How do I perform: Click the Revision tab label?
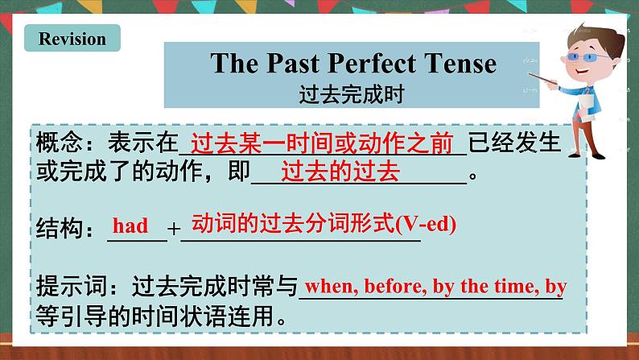(72, 39)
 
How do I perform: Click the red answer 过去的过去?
(341, 172)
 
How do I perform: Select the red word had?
(130, 226)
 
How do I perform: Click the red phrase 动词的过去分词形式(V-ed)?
(324, 225)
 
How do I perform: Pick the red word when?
(329, 286)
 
